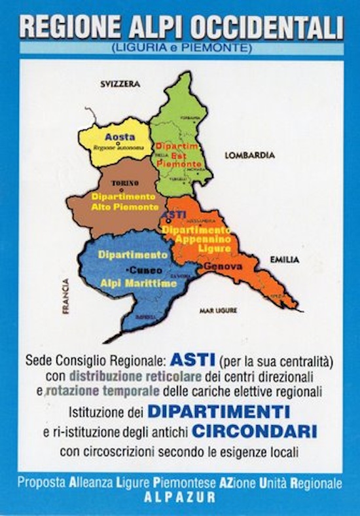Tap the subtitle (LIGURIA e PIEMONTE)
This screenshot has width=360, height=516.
coord(181,48)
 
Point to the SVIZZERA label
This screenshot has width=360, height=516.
coord(120,85)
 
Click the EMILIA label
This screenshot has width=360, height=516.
coord(284,260)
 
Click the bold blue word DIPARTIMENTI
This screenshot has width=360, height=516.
coord(219,412)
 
